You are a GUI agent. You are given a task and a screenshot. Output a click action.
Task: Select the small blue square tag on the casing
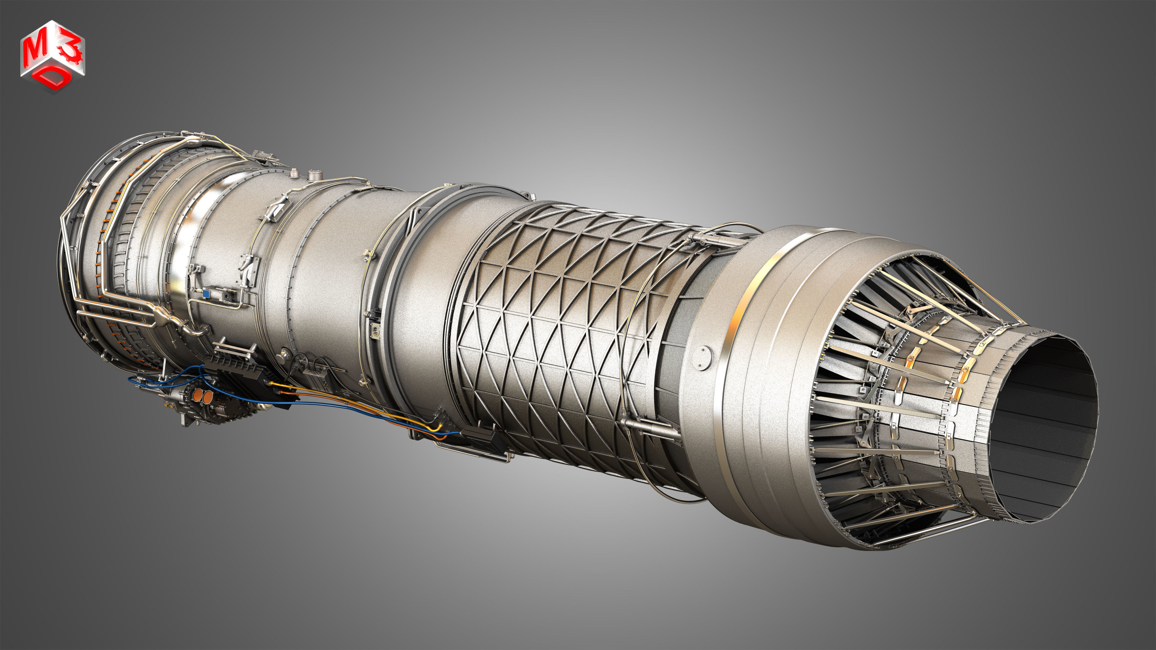[x=206, y=293]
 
